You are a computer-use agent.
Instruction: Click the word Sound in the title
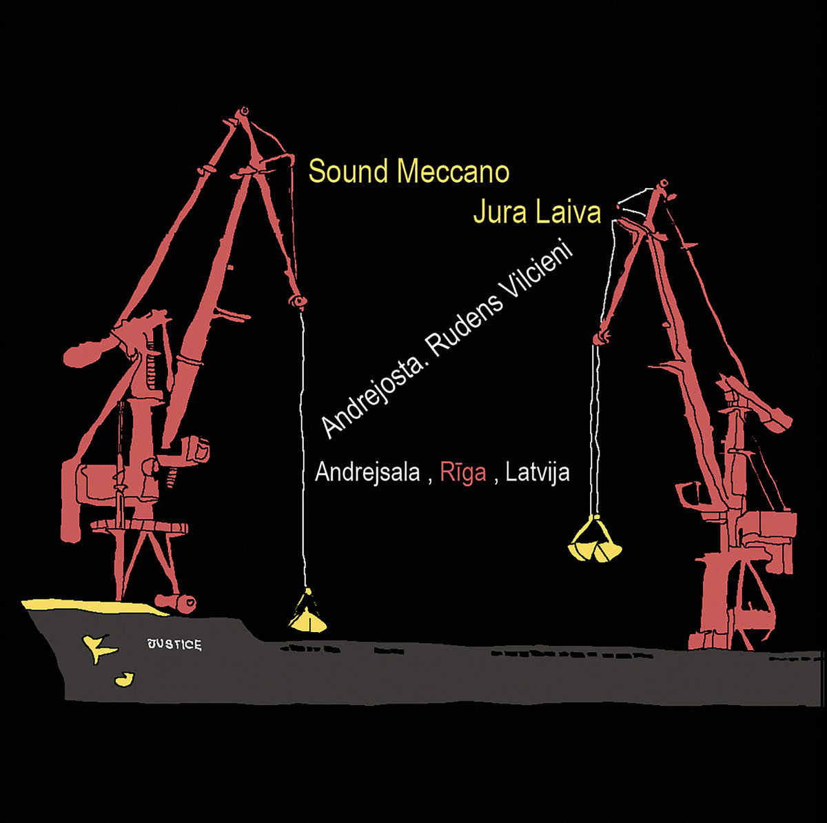348,172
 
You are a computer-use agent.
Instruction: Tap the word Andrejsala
367,473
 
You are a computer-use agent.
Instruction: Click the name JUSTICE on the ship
174,645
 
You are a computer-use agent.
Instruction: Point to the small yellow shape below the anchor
125,680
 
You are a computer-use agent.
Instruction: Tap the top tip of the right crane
663,183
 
